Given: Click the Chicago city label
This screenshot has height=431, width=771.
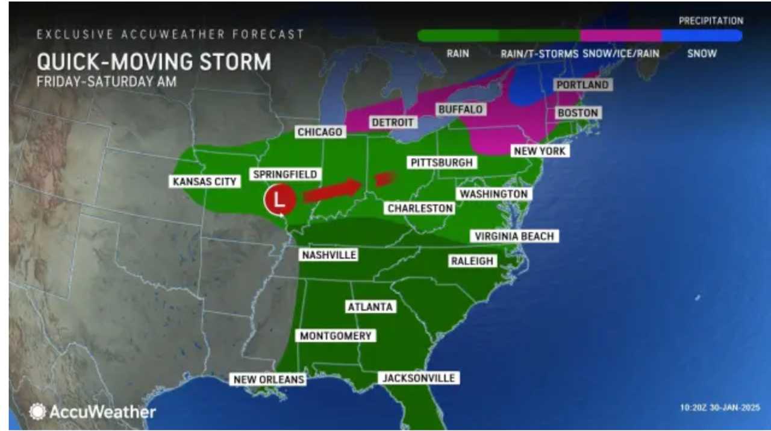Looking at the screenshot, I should coord(320,131).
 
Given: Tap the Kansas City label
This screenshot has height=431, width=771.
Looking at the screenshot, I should coord(205,181).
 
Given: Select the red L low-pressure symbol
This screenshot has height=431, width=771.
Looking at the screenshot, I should coord(279,200).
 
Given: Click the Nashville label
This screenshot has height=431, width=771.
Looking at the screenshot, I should coord(329,255).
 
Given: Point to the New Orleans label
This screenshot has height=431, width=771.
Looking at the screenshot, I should coord(268,379).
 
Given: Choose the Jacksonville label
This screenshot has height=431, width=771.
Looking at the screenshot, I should coord(418,378).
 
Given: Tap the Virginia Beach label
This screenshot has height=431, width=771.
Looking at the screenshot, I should coord(514,236).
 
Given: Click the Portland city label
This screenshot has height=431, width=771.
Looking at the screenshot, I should coord(582,85).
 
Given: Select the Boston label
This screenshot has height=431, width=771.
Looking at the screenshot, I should coord(578,113).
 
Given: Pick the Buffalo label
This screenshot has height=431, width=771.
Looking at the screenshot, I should coord(460,109).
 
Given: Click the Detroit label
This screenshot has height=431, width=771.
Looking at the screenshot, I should coord(392,122).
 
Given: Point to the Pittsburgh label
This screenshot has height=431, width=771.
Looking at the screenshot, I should coord(442,162).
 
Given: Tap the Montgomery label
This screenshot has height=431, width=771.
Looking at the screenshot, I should coord(335,336).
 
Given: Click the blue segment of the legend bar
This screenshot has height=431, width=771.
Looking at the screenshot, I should coord(702,36).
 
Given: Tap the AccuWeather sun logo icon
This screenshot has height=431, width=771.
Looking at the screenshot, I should coord(37,412).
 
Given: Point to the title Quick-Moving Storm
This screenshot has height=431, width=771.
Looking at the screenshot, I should coord(154,62).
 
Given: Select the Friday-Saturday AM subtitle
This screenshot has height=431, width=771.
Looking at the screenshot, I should coord(107,81).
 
